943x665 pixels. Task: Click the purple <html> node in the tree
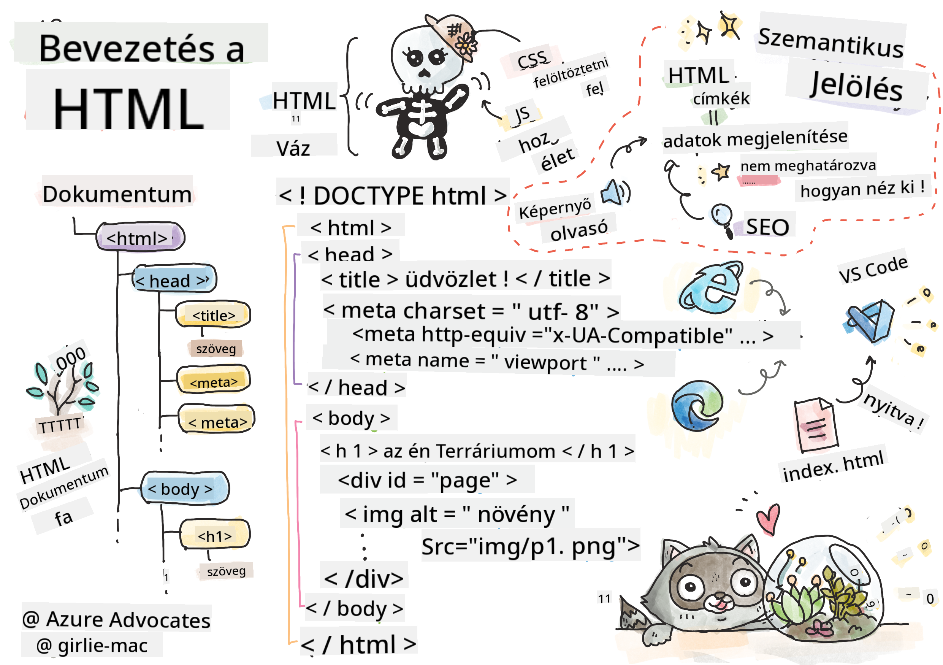coord(139,237)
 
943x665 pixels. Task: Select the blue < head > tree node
coord(174,280)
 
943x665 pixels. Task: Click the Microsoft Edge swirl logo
coord(697,406)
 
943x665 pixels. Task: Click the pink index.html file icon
coord(816,425)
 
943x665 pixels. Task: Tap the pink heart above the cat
coord(768,519)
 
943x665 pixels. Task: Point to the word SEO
coord(767,226)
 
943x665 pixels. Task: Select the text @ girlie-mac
coord(92,645)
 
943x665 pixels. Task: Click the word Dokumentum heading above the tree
coord(117,194)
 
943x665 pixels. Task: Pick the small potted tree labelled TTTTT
coord(62,394)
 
